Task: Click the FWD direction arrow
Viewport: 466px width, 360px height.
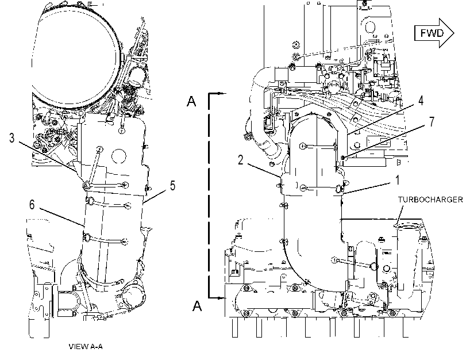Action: click(434, 33)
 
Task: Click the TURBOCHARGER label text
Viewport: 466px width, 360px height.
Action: click(430, 200)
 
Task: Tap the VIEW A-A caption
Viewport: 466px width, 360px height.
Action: click(86, 346)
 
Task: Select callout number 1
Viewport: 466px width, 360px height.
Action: click(397, 180)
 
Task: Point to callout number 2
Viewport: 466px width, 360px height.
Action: click(240, 160)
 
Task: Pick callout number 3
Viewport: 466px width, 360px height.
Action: click(11, 138)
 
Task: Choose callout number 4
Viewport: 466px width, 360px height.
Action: click(421, 101)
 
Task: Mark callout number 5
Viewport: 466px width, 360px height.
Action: click(173, 186)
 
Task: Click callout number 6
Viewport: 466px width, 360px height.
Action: click(32, 205)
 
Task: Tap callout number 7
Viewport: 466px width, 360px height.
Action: click(432, 121)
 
